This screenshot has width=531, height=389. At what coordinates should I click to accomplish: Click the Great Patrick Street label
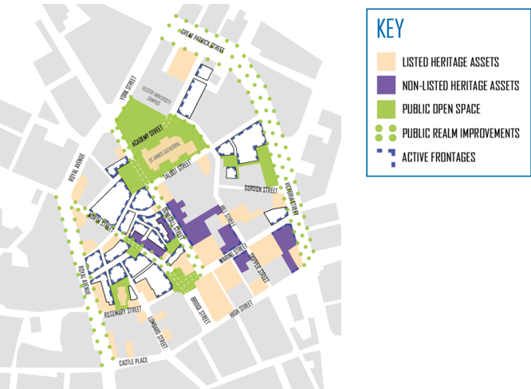point(203,42)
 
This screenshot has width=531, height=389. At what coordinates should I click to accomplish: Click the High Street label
point(240,308)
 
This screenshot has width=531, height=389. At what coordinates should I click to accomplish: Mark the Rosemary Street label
point(123,312)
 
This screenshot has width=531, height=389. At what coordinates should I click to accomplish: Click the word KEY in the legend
point(390,29)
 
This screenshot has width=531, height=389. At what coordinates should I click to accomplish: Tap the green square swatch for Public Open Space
point(386,108)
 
